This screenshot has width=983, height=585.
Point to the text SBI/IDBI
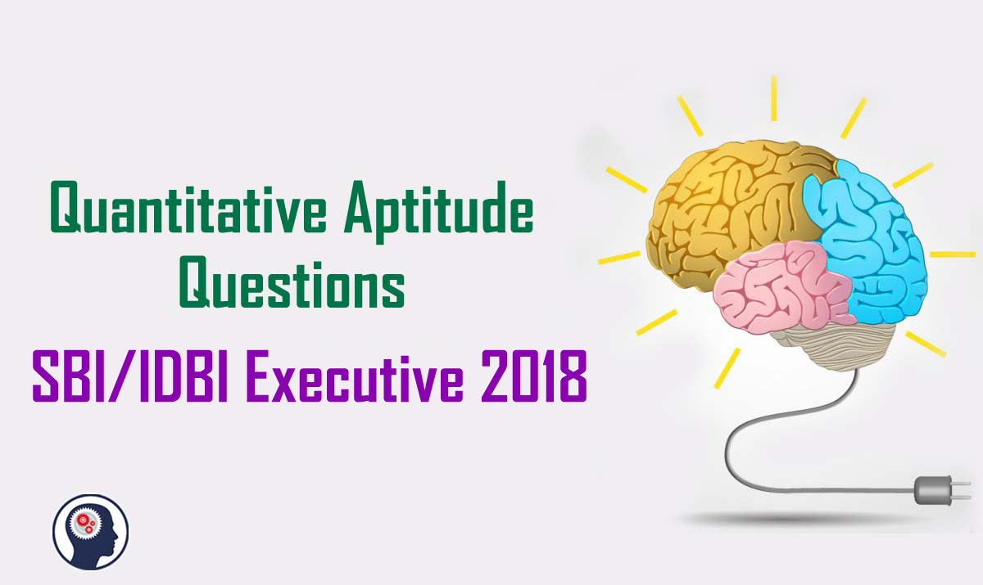(131, 376)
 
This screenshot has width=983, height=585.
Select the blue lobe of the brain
(868, 237)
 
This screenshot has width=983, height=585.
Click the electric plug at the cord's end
(934, 489)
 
